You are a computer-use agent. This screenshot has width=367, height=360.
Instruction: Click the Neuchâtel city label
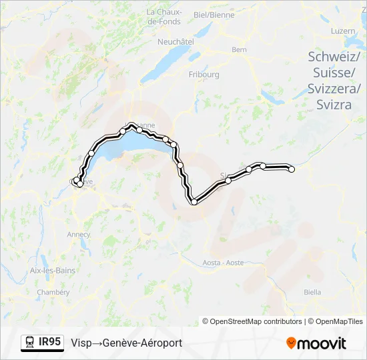pyautogui.click(x=175, y=41)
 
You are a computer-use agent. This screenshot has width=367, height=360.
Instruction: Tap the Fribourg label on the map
pyautogui.click(x=204, y=75)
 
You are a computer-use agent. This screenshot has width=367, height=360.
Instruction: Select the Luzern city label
pyautogui.click(x=343, y=31)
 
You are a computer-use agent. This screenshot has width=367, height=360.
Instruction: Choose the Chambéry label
pyautogui.click(x=53, y=292)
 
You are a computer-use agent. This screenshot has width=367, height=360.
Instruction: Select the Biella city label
pyautogui.click(x=312, y=292)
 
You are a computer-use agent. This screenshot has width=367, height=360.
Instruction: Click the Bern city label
pyautogui.click(x=239, y=49)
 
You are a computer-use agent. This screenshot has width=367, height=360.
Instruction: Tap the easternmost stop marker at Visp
pyautogui.click(x=292, y=169)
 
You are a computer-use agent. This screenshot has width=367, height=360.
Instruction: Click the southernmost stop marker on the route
pyautogui.click(x=194, y=201)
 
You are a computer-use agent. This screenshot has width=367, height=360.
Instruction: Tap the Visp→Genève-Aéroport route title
pyautogui.click(x=126, y=343)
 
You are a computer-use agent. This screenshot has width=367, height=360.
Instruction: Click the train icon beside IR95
pyautogui.click(x=30, y=342)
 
